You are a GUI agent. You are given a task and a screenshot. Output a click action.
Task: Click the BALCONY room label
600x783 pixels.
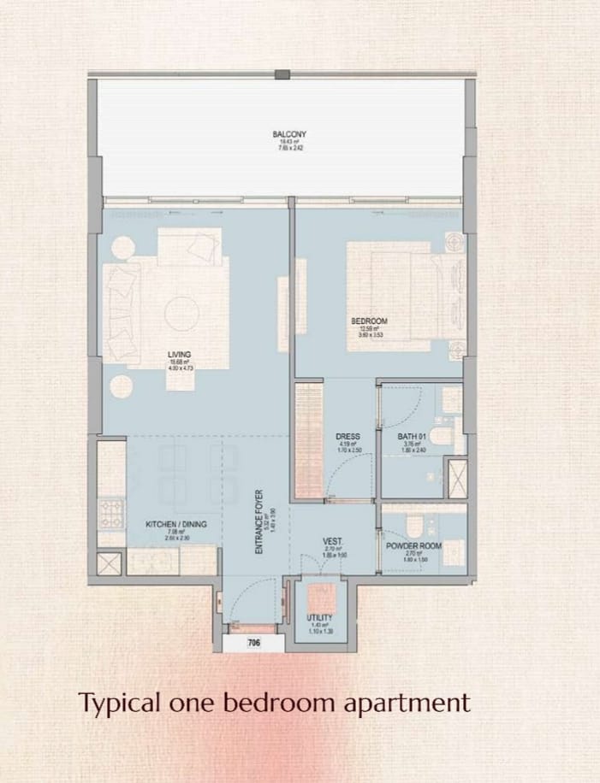pyautogui.click(x=289, y=134)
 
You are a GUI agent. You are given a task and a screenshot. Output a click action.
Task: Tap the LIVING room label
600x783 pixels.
pyautogui.click(x=180, y=354)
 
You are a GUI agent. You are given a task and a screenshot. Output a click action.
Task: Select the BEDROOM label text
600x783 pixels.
pyautogui.click(x=369, y=321)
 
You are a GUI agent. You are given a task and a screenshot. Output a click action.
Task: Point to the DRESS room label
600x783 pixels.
pyautogui.click(x=347, y=436)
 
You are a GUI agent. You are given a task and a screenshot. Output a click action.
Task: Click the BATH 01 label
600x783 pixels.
pyautogui.click(x=412, y=436)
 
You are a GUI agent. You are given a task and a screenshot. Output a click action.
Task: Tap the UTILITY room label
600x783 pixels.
pyautogui.click(x=319, y=617)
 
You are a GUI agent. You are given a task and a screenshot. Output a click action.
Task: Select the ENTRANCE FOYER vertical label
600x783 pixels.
pyautogui.click(x=258, y=522)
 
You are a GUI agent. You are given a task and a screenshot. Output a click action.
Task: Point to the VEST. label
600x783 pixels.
pyautogui.click(x=334, y=542)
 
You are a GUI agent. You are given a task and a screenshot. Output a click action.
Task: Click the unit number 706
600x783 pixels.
pyautogui.click(x=252, y=644)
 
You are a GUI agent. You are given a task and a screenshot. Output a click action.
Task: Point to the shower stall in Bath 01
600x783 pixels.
pyautogui.click(x=457, y=478)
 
